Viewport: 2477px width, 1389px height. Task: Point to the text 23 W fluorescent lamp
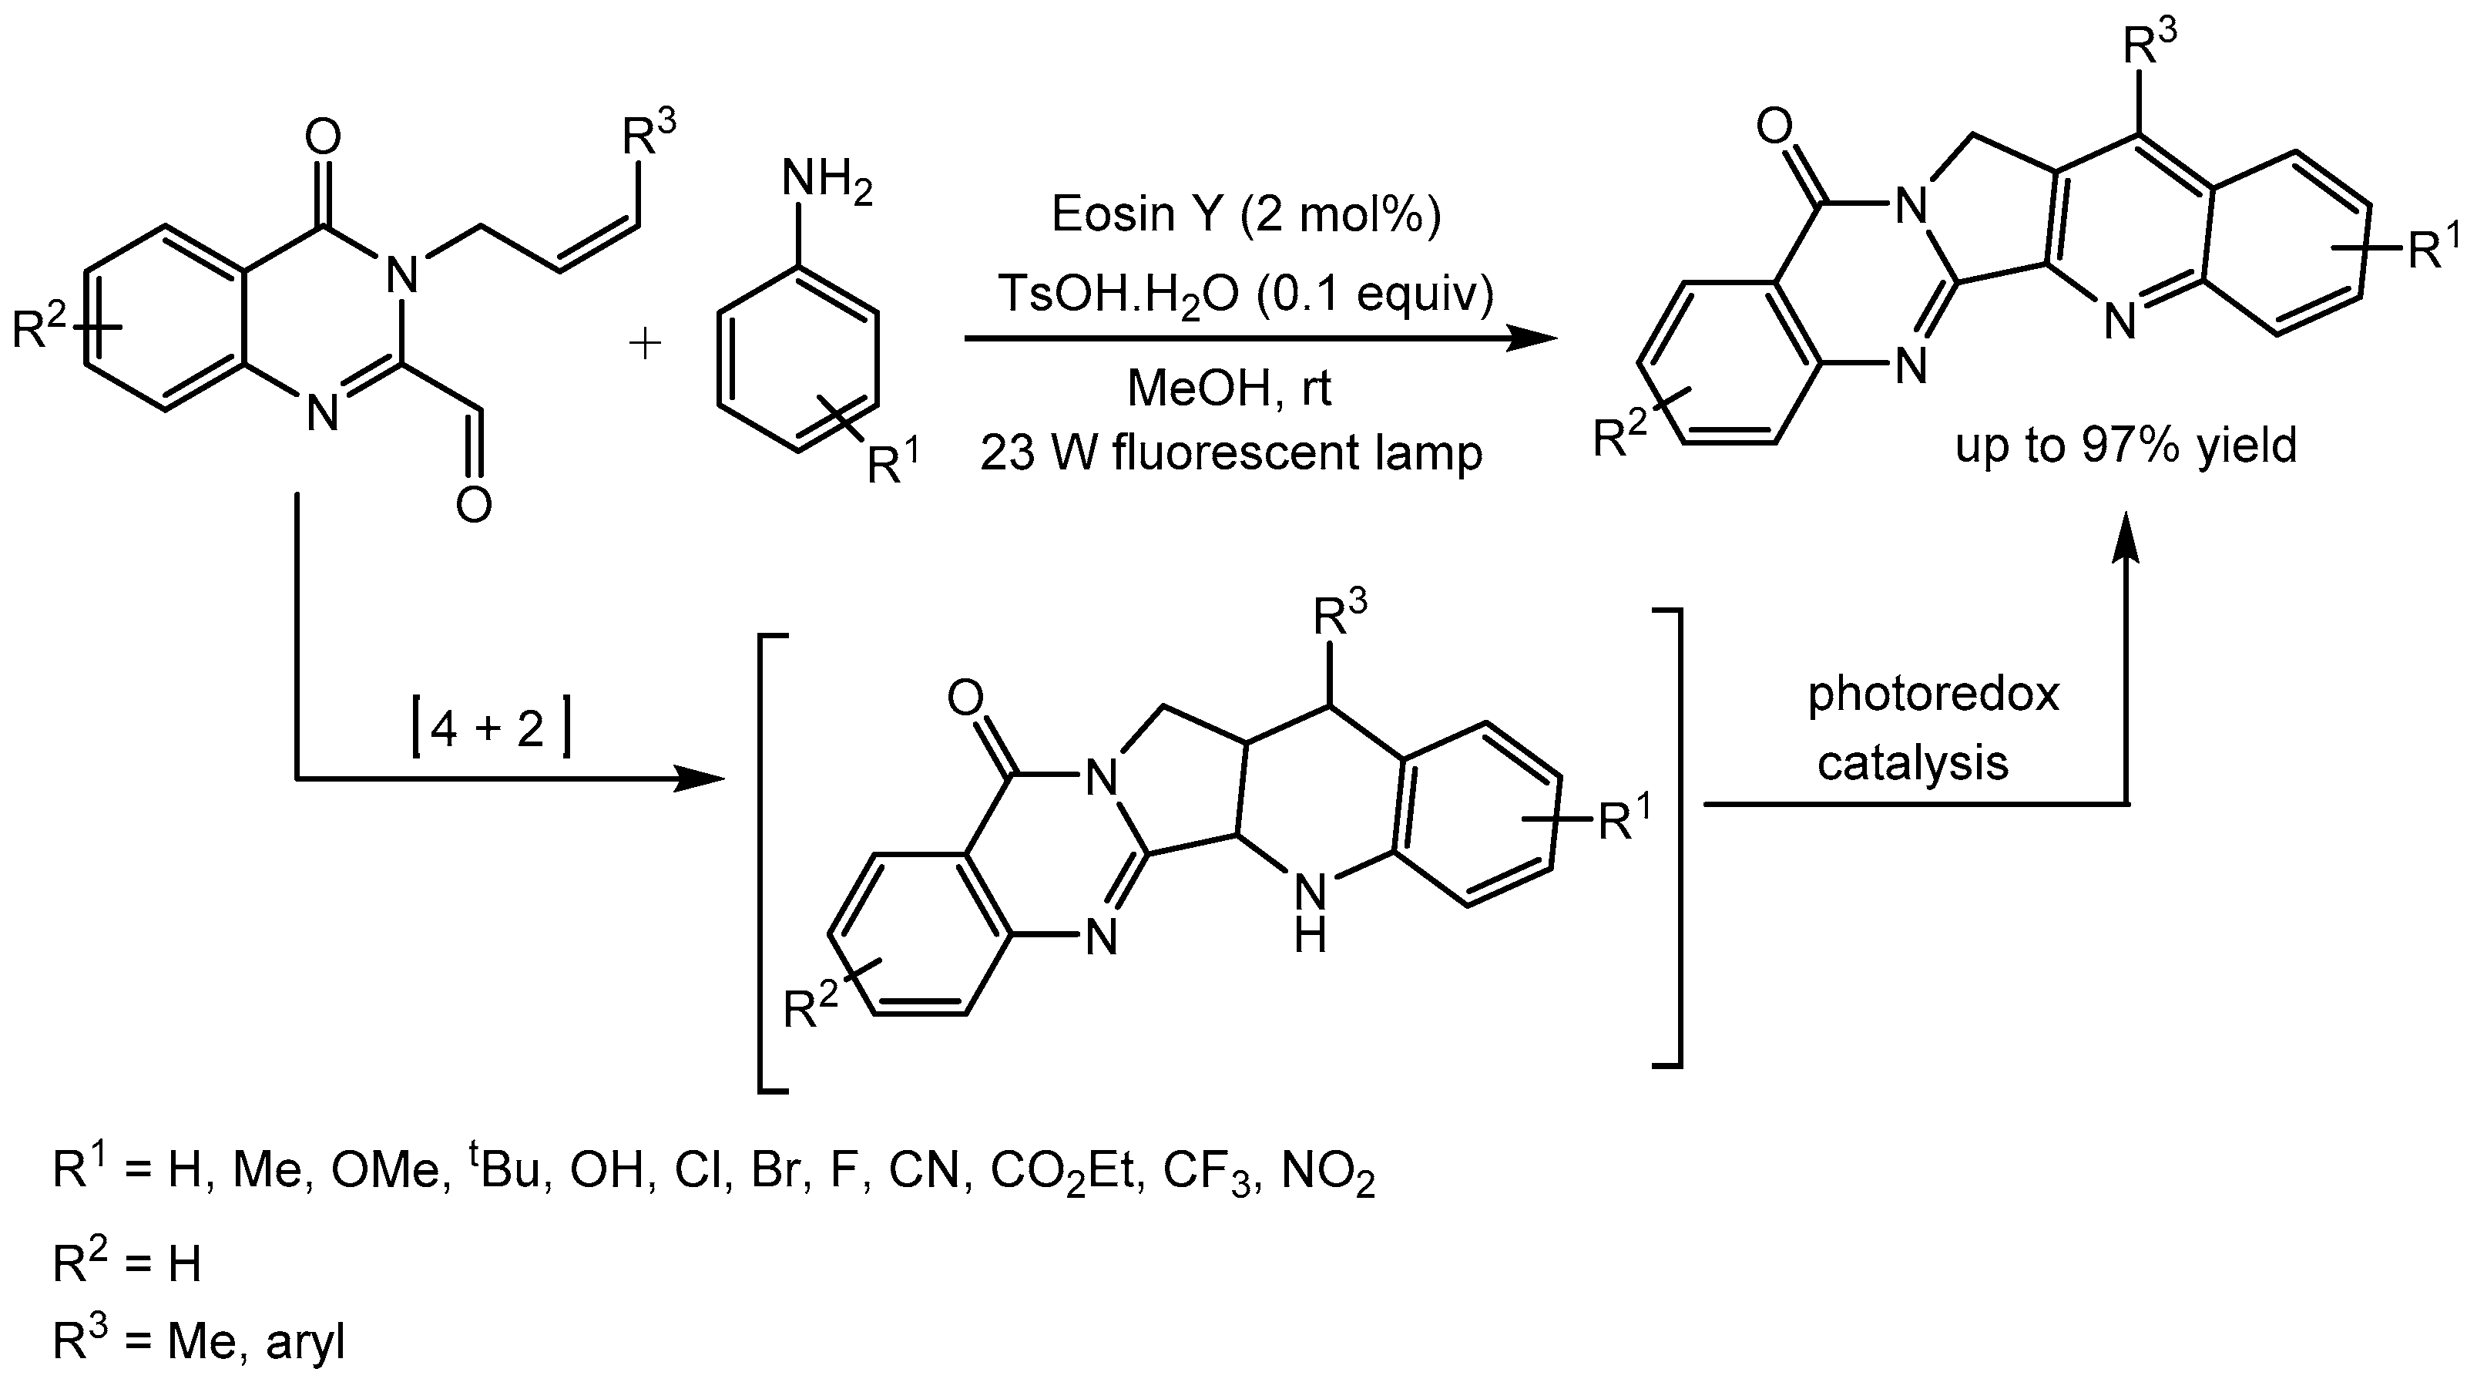[x=1231, y=453]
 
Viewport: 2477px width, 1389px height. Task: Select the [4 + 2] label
[x=492, y=730]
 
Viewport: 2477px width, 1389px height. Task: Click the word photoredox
[x=1933, y=694]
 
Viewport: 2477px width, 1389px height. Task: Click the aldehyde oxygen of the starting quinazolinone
[x=474, y=503]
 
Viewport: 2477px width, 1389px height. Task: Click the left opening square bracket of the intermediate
[x=772, y=863]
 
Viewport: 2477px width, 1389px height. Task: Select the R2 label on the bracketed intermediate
[x=810, y=1008]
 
